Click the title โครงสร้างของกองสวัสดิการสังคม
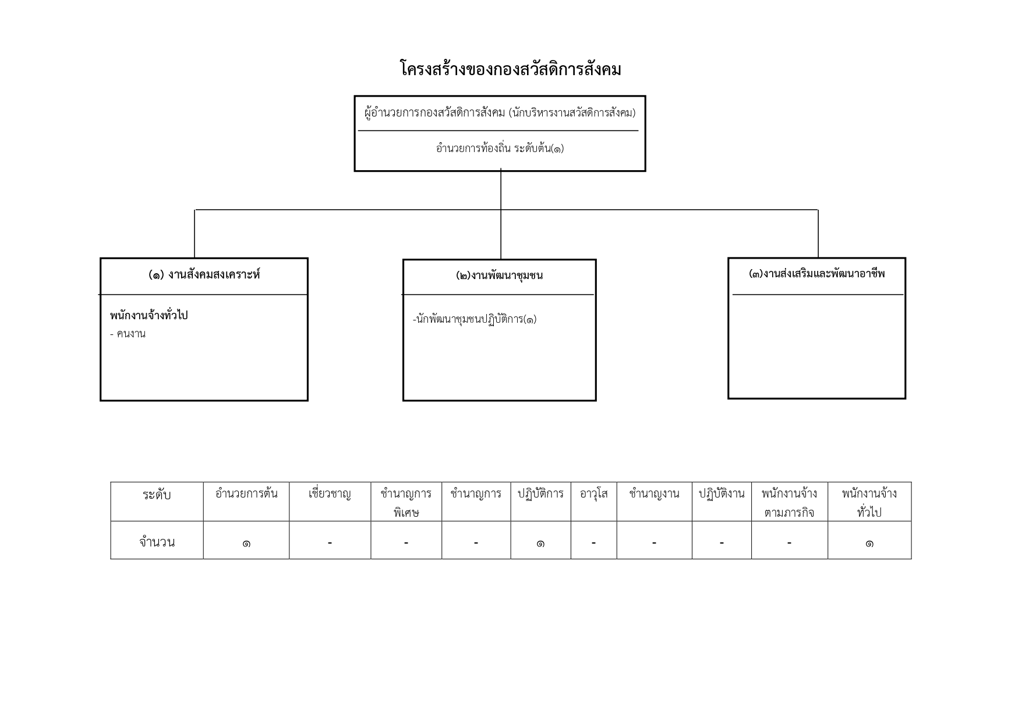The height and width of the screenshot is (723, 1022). pos(511,69)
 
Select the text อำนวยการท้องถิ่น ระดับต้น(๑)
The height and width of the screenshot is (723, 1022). pos(500,149)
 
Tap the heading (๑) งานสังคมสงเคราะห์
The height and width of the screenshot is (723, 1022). pos(204,274)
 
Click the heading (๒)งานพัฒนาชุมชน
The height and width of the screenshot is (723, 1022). pos(499,276)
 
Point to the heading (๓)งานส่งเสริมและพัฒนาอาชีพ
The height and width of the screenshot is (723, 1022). pos(816,274)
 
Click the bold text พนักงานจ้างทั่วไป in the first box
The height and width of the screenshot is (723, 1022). pos(149,316)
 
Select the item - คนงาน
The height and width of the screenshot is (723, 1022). pos(128,334)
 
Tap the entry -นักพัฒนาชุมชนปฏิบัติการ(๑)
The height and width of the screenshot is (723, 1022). pos(475,319)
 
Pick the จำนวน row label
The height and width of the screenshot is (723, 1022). pos(157,542)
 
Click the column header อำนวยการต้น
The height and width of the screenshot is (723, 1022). pos(246,494)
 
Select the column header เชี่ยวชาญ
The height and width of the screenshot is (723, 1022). pos(330,494)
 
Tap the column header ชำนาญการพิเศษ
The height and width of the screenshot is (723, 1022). pos(406,503)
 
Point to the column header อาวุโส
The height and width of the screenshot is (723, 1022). pos(593,494)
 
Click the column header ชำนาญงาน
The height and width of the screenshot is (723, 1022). pos(654,494)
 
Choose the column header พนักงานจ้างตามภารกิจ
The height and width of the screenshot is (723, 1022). pos(789,503)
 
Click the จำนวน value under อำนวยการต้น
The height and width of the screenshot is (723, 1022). pos(246,544)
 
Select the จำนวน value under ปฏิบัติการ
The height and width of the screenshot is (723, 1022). pos(540,544)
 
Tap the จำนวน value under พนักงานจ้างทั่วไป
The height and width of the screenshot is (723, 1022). pos(869,544)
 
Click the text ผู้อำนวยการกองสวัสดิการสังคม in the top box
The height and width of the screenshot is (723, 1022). pos(435,113)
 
